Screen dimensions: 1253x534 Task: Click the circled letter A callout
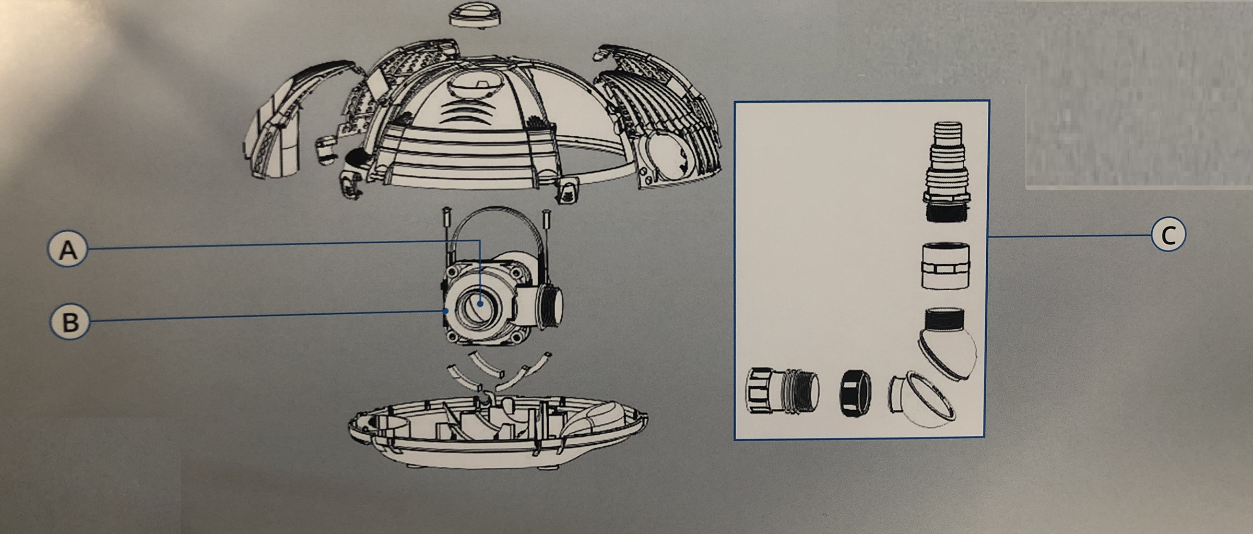tap(67, 250)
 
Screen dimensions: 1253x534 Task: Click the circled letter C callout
tap(1168, 235)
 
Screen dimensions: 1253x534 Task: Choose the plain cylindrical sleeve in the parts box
tap(946, 265)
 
